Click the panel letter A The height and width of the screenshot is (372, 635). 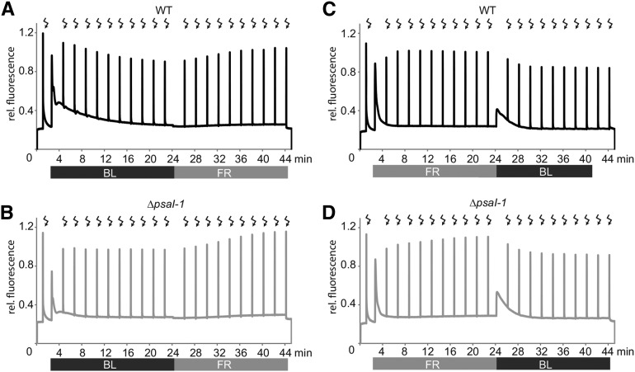point(7,8)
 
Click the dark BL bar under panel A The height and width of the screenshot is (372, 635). point(112,172)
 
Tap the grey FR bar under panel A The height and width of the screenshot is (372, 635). point(231,172)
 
